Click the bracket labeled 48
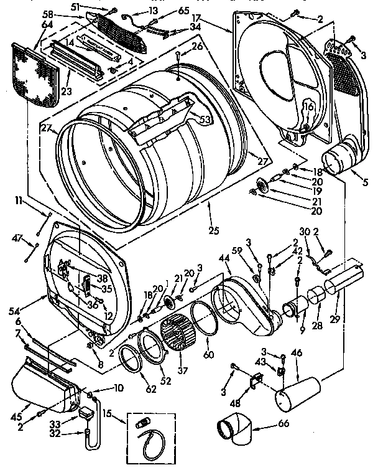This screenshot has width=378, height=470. (x=254, y=383)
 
